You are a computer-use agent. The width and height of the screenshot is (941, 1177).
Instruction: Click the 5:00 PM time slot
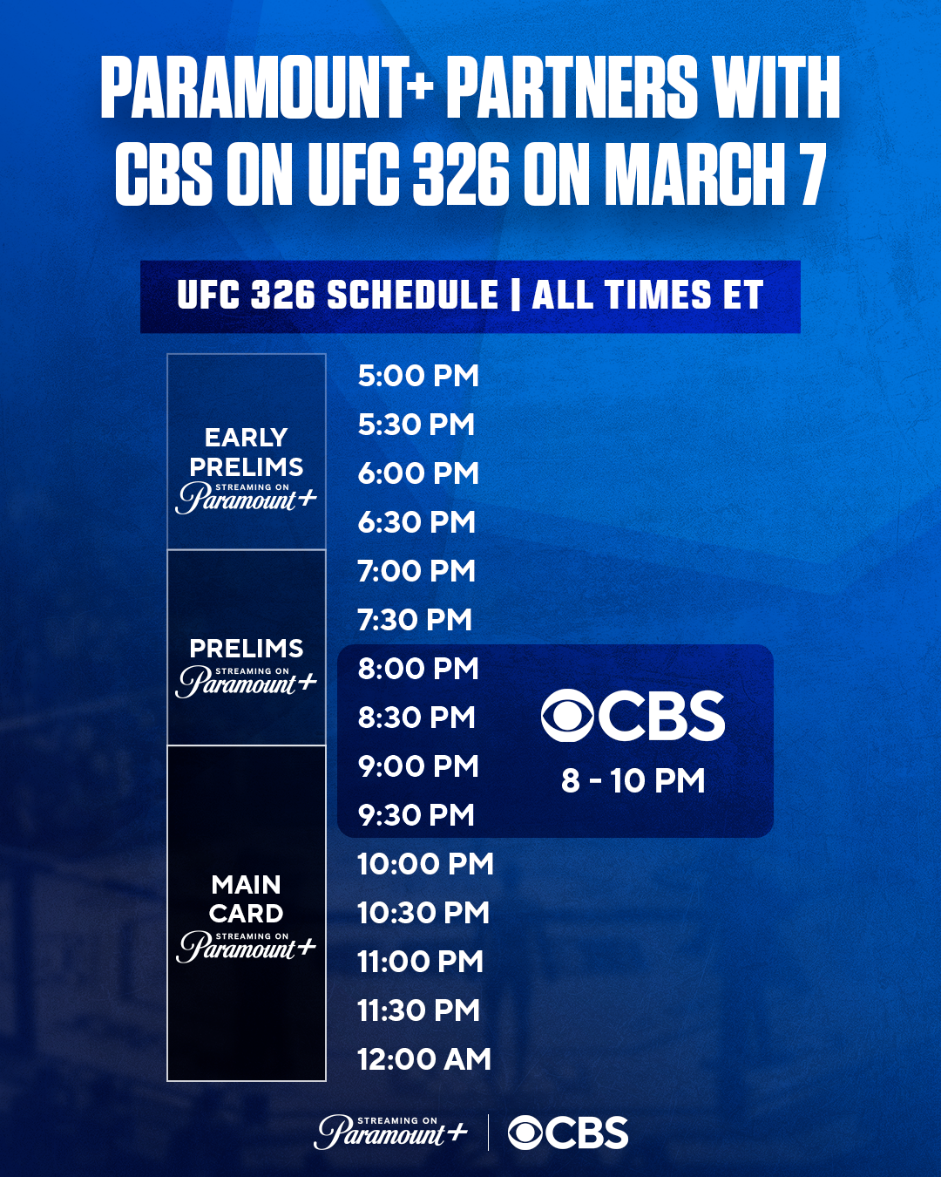418,376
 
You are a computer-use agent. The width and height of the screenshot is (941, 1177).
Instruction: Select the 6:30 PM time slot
416,521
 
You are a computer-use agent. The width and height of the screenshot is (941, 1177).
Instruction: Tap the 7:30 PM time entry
415,620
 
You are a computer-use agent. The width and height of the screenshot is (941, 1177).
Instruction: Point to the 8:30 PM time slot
416,717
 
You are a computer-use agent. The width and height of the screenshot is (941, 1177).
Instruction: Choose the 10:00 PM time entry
425,864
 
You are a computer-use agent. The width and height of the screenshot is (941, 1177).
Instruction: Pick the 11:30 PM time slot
419,1010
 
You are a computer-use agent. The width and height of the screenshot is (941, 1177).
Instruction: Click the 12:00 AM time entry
424,1058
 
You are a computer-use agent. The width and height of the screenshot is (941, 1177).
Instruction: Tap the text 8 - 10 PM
633,780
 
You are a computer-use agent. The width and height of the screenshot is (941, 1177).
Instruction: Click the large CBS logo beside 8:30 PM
633,716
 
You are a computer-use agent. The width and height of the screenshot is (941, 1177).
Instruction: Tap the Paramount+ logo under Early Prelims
246,498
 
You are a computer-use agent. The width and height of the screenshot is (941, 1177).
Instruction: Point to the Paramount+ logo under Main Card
246,947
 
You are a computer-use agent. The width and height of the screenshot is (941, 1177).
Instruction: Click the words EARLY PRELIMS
246,452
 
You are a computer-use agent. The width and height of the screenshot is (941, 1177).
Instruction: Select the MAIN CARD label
246,899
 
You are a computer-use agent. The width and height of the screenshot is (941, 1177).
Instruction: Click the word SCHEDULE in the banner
413,296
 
